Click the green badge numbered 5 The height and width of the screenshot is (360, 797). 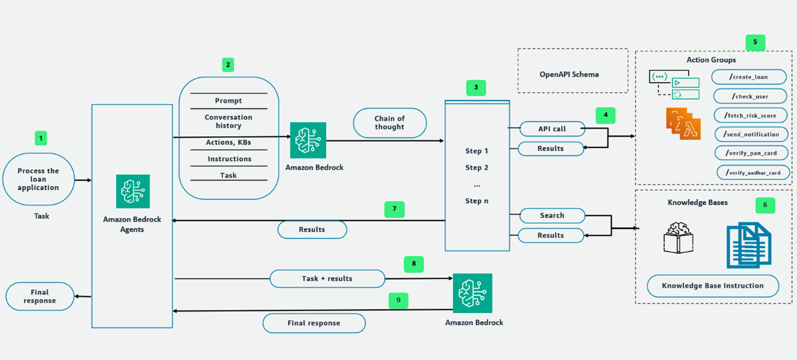(x=755, y=42)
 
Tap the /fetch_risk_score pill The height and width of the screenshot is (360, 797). (x=751, y=115)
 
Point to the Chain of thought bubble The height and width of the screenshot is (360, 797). (x=390, y=123)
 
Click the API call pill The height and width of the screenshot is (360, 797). (x=552, y=129)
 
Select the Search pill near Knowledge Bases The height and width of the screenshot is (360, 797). (x=552, y=215)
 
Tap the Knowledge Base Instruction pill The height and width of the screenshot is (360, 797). (x=713, y=286)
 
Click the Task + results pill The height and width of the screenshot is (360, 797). (x=327, y=279)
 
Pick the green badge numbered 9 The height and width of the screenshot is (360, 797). (x=398, y=300)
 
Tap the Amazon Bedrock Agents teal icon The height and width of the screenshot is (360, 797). (x=133, y=191)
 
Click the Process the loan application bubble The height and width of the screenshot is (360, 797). (x=39, y=179)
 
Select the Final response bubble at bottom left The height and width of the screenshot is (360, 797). (x=40, y=296)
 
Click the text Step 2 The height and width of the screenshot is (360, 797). (x=477, y=167)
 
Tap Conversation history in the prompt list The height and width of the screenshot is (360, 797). (x=228, y=122)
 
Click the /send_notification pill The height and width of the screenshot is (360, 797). (x=751, y=135)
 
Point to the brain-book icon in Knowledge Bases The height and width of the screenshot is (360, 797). (x=678, y=238)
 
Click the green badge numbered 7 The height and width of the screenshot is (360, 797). (x=394, y=209)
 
